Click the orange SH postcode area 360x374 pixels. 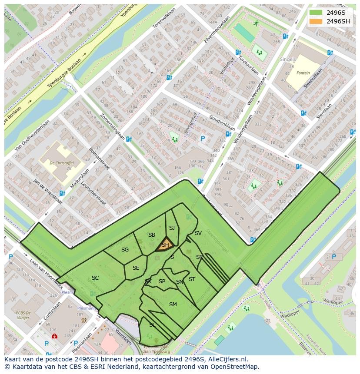[165, 245]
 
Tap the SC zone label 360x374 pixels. [95, 278]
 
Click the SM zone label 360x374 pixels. [173, 304]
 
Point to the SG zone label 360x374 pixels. [125, 250]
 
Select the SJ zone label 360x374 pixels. [172, 228]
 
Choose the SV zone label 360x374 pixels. [198, 233]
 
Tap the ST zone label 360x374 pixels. [192, 279]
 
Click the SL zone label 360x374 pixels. [152, 324]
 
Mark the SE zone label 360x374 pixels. [136, 268]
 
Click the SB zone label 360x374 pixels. [151, 235]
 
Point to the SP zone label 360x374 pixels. [162, 281]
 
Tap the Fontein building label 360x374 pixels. [303, 73]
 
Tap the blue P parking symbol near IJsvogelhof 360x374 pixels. [202, 139]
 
